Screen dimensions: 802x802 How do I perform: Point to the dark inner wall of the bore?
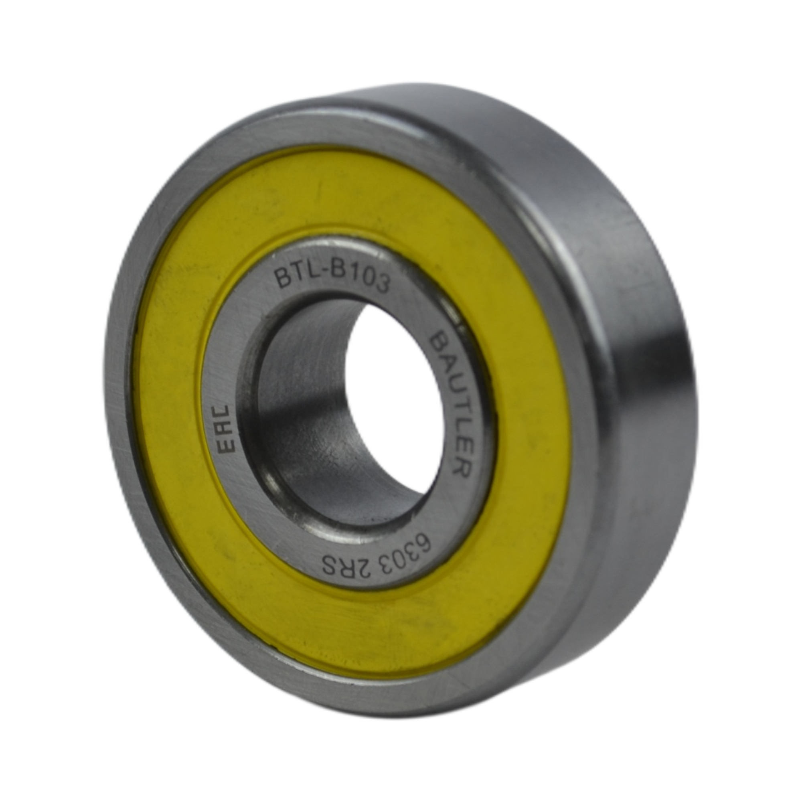pos(307,415)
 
